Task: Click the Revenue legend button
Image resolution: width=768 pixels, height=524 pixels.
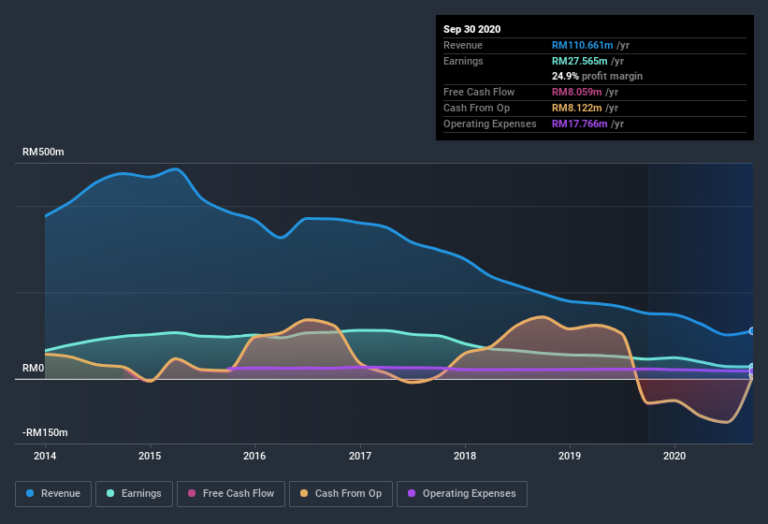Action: coord(53,493)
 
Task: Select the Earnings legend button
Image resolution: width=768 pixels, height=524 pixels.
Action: coord(134,493)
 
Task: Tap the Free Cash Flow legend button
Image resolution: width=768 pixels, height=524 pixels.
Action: coord(231,493)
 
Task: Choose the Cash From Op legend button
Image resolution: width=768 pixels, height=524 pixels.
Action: coord(341,493)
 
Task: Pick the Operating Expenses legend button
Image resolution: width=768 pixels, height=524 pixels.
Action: coord(462,493)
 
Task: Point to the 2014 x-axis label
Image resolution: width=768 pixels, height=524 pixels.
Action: coord(45,457)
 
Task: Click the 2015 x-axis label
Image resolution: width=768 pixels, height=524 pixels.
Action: coord(150,457)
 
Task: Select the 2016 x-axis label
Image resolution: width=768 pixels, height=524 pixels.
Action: coord(254,457)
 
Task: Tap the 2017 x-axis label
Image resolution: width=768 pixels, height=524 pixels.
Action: coord(360,457)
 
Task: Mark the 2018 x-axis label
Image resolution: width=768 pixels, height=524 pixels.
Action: coord(465,457)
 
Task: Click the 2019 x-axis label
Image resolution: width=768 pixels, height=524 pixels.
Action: coord(570,457)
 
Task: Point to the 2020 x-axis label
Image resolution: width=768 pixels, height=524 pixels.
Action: coord(674,457)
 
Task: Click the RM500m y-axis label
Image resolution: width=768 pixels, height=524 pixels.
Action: coord(44,152)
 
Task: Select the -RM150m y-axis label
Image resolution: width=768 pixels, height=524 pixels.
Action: coord(46,433)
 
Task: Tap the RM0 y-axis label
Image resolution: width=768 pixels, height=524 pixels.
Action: coord(33,369)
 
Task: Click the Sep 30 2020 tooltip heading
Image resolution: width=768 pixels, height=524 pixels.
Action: coord(471,29)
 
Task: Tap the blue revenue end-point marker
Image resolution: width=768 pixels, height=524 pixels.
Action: coord(751,331)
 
